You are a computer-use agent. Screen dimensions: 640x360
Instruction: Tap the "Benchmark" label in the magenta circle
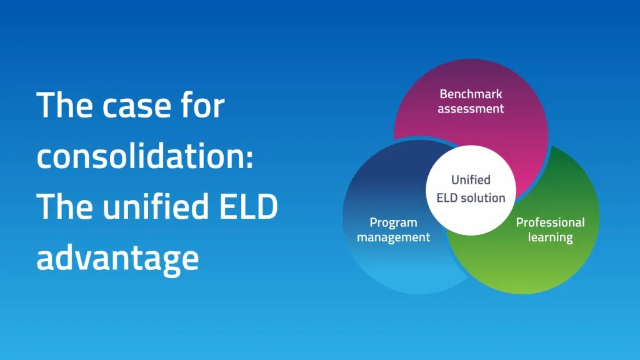point(471,94)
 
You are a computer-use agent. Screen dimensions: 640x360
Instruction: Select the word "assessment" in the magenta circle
point(471,109)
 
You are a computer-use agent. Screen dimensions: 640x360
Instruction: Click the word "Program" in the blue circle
point(394,223)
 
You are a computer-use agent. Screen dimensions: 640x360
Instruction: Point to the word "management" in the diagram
point(394,237)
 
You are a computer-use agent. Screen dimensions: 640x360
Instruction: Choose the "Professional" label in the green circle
point(550,222)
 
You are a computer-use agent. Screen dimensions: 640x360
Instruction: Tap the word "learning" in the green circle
point(550,237)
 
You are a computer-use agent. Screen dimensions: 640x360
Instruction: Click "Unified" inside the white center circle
point(471,179)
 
